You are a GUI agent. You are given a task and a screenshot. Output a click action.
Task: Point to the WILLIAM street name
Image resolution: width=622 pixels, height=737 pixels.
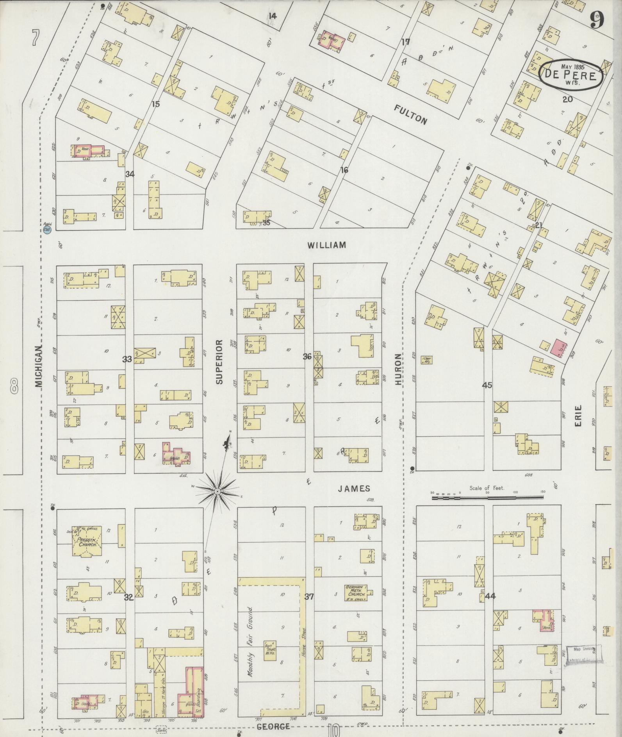[x=326, y=245]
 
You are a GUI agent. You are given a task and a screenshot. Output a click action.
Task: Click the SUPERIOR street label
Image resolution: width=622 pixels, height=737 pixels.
[x=219, y=361]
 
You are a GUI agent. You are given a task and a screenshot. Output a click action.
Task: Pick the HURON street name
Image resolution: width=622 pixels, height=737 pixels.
[x=398, y=369]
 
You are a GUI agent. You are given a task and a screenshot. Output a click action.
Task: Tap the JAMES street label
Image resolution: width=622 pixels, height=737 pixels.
[x=354, y=488]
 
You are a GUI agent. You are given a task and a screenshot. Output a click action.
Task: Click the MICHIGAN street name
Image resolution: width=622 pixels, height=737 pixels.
[x=39, y=366]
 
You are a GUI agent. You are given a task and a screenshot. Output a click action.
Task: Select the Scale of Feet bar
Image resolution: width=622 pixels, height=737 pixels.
[x=487, y=498]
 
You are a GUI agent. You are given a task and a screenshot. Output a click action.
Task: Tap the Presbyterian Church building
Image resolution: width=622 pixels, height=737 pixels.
[x=87, y=540]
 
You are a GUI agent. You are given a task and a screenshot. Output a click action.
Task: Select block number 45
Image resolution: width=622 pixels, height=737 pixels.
[x=487, y=385]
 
